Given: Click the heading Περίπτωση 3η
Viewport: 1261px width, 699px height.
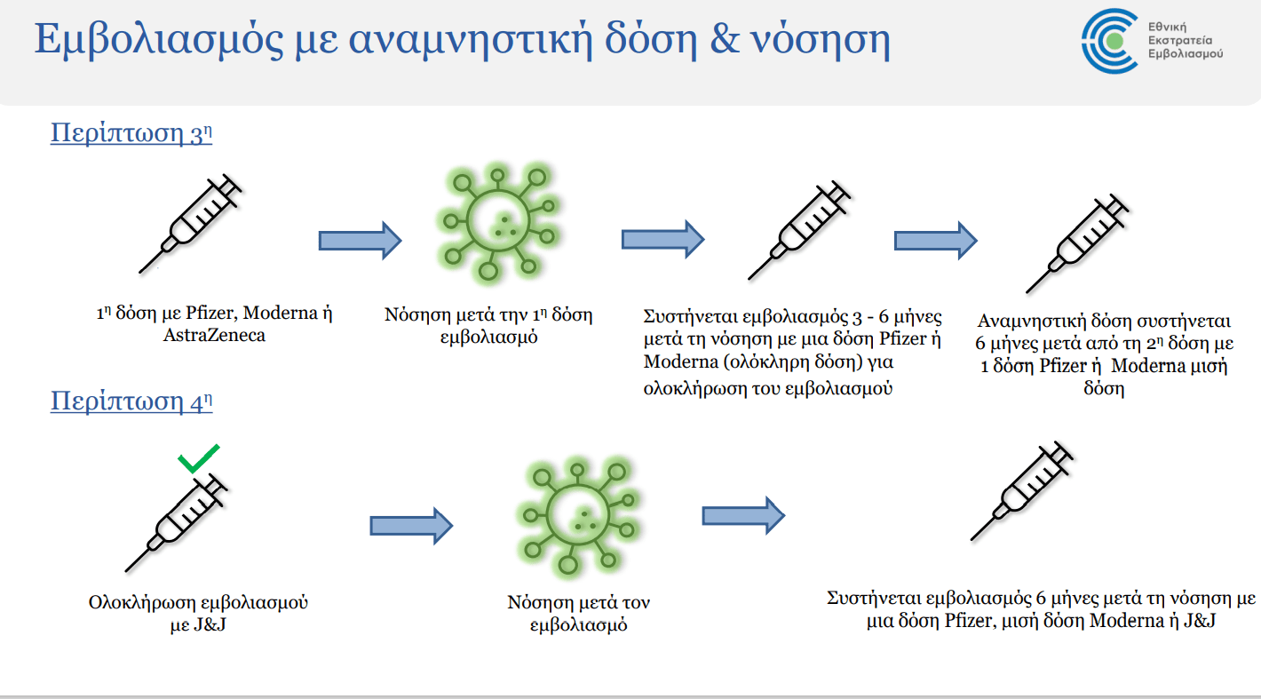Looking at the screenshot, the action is click(x=131, y=133).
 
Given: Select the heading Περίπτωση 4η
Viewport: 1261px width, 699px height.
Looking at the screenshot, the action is click(x=131, y=401).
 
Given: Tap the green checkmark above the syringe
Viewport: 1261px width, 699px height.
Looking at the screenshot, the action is click(x=198, y=458).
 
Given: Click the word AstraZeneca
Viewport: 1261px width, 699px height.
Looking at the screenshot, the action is click(x=214, y=335).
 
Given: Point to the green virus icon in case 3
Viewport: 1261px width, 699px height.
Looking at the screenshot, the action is click(x=498, y=221).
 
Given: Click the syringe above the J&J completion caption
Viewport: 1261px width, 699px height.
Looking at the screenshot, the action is click(x=176, y=523).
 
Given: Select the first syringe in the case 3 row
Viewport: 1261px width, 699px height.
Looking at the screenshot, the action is click(x=191, y=224).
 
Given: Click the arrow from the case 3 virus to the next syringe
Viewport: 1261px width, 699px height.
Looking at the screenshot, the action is click(x=662, y=240).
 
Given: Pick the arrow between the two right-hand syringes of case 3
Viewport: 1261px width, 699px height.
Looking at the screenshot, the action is click(x=936, y=241).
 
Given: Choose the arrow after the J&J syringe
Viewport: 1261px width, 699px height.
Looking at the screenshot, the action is click(x=411, y=526).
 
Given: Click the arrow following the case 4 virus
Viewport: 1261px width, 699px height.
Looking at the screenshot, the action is click(x=743, y=515).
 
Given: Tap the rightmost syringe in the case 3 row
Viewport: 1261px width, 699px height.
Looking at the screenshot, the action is click(x=1077, y=243).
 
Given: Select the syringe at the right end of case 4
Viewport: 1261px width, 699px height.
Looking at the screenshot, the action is click(x=1022, y=490).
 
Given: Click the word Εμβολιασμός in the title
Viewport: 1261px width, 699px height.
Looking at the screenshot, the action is click(x=159, y=39).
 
